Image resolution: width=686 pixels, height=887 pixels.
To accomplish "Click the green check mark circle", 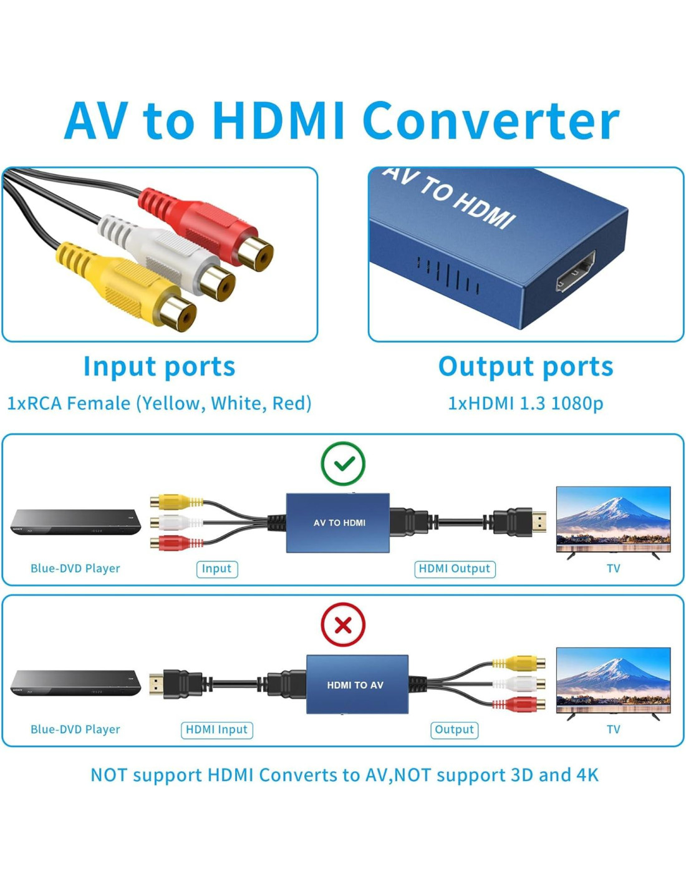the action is point(343,463).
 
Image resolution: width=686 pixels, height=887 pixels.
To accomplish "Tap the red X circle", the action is point(343,624).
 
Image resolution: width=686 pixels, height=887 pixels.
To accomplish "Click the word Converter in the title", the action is point(491,121).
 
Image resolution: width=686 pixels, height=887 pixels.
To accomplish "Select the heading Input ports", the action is point(159,367).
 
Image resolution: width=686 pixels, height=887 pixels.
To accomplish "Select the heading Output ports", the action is point(526,367).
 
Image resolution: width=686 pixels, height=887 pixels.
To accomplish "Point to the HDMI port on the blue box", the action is point(576,271).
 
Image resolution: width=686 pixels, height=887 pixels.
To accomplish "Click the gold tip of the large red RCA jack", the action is point(256,254).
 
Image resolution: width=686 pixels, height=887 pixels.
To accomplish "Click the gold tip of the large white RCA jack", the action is point(218,284).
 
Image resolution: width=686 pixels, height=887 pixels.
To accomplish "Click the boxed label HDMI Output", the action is point(455,569).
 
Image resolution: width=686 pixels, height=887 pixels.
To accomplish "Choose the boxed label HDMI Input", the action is point(216,729).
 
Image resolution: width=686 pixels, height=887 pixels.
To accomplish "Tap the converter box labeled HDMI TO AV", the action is point(357,684).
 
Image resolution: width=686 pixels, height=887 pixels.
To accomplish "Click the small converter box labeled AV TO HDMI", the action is point(338,523).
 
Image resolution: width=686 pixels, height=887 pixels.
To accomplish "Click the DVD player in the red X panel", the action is point(75,683).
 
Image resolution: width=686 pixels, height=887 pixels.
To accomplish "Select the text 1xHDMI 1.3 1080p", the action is point(526,404).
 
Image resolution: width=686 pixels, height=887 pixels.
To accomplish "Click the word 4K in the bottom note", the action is point(587,775).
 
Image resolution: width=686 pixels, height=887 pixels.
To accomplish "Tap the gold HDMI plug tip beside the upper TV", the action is point(539,522).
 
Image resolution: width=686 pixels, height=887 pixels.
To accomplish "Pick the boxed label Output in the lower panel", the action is point(454,729).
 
